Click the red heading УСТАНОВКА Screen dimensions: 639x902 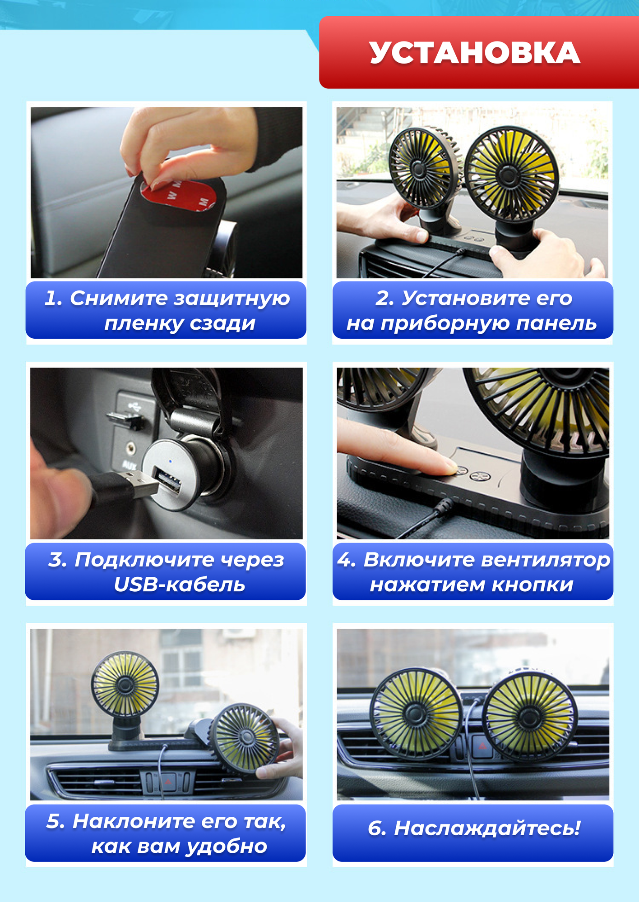tap(475, 53)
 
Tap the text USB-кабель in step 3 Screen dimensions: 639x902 tap(180, 584)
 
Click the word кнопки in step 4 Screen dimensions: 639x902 tap(532, 584)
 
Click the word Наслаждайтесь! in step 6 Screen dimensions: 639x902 tap(487, 828)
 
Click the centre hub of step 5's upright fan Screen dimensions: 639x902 tap(125, 685)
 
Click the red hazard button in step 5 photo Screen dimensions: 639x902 tap(168, 782)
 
